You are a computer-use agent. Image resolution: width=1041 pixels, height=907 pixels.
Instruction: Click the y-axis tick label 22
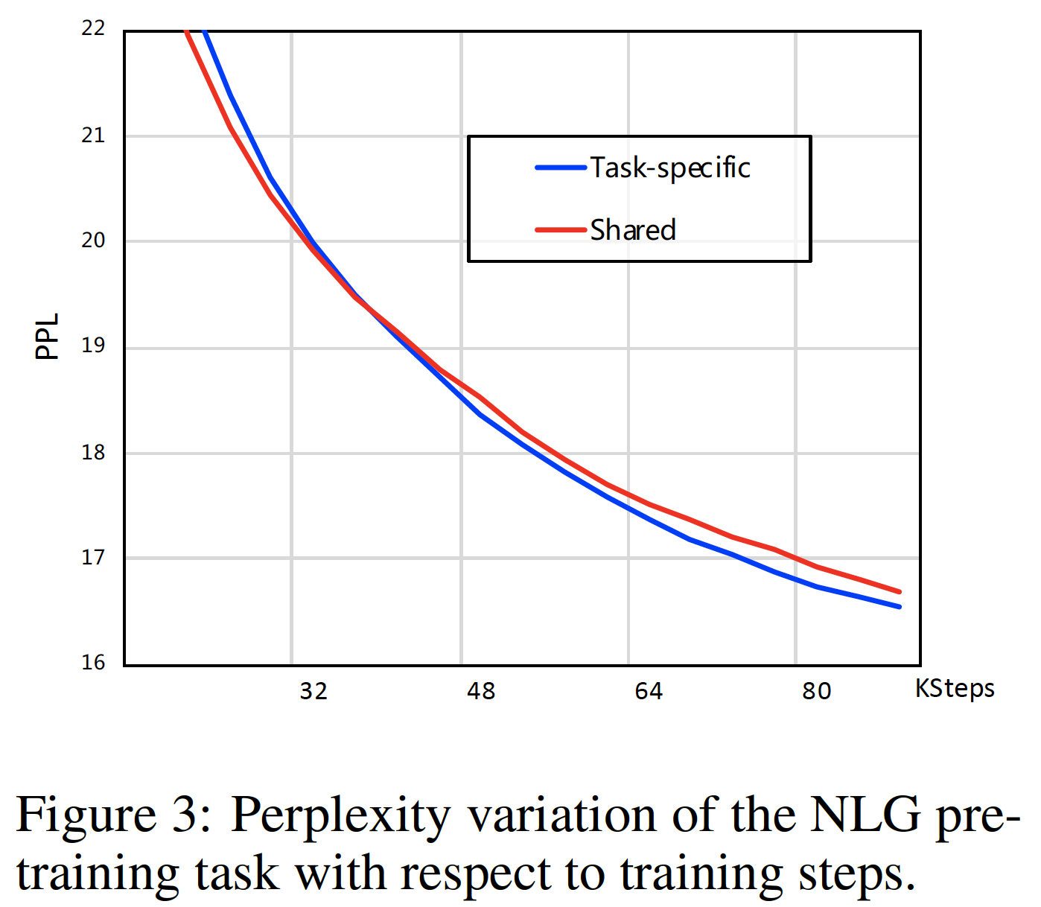(x=93, y=28)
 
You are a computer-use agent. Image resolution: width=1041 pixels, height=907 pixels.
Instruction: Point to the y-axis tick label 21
(x=93, y=136)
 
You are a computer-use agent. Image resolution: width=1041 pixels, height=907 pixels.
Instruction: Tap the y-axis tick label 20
(x=93, y=241)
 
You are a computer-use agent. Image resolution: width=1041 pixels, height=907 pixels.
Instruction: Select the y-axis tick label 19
(x=93, y=346)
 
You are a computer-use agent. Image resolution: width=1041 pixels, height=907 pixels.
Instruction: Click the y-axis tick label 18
(x=93, y=452)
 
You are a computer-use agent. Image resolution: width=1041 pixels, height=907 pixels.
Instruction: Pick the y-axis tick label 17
(x=93, y=557)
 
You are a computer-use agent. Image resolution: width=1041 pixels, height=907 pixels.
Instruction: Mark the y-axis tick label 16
(x=93, y=662)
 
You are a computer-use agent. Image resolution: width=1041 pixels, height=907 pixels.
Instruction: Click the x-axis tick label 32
(x=313, y=691)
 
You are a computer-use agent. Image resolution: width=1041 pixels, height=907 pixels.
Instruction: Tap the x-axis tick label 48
(x=481, y=691)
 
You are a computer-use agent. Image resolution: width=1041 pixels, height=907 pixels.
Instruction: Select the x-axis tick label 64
(x=649, y=691)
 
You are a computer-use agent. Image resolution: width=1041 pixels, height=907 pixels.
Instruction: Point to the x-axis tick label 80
(x=816, y=691)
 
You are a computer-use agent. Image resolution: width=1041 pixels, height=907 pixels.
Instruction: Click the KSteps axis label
(x=955, y=689)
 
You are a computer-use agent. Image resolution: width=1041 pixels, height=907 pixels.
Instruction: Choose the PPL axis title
(x=47, y=336)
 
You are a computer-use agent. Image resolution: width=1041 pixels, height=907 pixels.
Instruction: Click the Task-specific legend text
(x=670, y=168)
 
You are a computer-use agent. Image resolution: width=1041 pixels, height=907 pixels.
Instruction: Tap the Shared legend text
(x=633, y=230)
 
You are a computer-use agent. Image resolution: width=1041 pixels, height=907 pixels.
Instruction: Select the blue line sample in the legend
(x=561, y=168)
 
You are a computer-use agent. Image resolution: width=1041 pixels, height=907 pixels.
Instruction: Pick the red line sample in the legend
(x=561, y=230)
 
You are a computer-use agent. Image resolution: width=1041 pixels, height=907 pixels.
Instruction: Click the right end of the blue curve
(x=900, y=606)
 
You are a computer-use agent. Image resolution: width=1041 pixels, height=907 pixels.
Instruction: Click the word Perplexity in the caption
(x=340, y=815)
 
